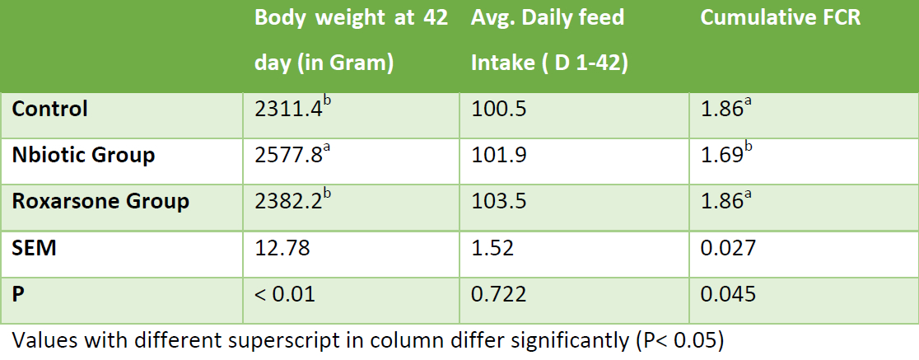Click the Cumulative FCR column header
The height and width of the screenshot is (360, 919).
pyautogui.click(x=781, y=18)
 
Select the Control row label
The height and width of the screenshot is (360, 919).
pyautogui.click(x=49, y=109)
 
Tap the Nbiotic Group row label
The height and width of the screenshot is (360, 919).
pyautogui.click(x=84, y=156)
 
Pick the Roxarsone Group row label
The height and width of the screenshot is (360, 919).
pyautogui.click(x=100, y=202)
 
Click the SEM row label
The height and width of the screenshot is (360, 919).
pyautogui.click(x=35, y=248)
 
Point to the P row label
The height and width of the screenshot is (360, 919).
pyautogui.click(x=18, y=294)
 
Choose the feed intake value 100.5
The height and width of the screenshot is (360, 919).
pyautogui.click(x=499, y=110)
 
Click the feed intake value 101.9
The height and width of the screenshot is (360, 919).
pyautogui.click(x=499, y=156)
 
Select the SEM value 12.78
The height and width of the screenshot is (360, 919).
pyautogui.click(x=282, y=248)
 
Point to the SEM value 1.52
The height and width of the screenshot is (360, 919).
pyautogui.click(x=493, y=248)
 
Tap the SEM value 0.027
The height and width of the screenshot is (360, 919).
pyautogui.click(x=729, y=248)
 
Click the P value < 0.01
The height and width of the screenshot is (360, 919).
pyautogui.click(x=285, y=294)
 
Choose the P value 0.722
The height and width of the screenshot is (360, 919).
pyautogui.click(x=499, y=294)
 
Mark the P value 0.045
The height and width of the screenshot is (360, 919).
pyautogui.click(x=729, y=294)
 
